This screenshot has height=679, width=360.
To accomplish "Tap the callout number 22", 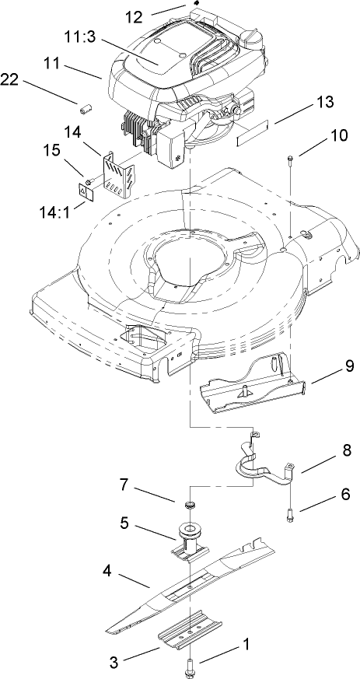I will pos(11,79).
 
